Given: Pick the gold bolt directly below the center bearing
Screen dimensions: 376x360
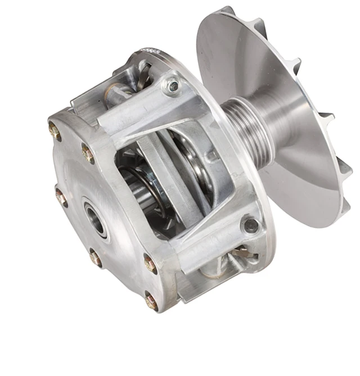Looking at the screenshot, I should pos(96,258).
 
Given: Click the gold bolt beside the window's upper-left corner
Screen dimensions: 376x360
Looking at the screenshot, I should pos(88,152).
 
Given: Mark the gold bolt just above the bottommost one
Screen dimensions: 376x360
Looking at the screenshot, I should pos(150,264).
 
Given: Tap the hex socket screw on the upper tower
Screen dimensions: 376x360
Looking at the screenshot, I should pos(174,86).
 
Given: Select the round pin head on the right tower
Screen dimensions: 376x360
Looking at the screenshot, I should pos(249,225).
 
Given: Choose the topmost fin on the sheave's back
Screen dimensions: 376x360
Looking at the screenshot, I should pos(225,11).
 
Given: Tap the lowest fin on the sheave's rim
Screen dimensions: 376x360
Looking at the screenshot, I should pos(343,206).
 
